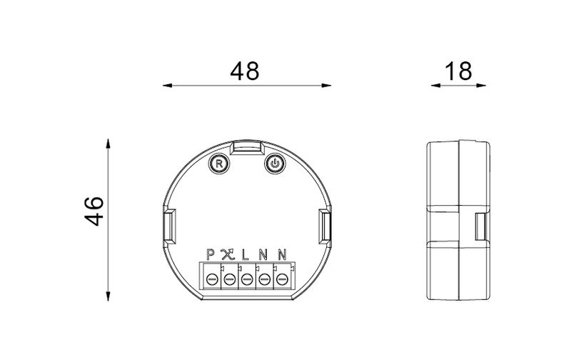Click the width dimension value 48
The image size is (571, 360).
pos(244,71)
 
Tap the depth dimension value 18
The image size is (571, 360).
pos(458,71)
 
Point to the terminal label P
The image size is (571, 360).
pos(211,254)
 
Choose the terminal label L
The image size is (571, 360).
pos(246,254)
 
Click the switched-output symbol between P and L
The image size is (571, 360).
pos(228,254)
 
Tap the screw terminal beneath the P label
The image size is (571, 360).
pos(212,278)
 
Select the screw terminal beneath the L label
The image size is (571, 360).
pos(247,278)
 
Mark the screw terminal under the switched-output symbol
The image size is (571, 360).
pos(229,278)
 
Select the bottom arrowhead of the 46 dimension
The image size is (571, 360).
pos(108,296)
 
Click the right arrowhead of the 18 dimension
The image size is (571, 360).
pos(486,86)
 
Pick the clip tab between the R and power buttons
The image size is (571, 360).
pos(247,149)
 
